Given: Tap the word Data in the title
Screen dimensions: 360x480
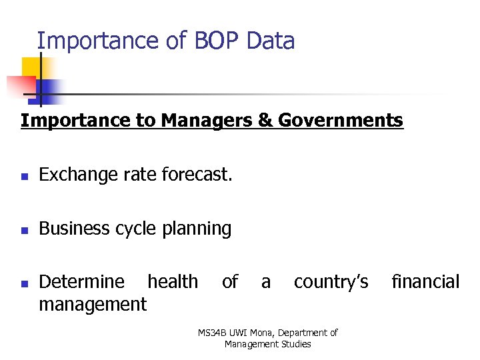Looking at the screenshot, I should [x=270, y=41].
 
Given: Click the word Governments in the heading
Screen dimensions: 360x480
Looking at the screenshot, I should [x=341, y=121].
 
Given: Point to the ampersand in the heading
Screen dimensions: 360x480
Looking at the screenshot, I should [x=267, y=121].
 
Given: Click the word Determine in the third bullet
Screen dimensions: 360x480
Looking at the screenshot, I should [x=81, y=282].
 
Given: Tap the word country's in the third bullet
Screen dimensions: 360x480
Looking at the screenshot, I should [x=331, y=282].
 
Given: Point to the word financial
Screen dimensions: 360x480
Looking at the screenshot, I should [x=425, y=282].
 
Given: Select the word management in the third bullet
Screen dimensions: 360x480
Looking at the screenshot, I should [x=93, y=305].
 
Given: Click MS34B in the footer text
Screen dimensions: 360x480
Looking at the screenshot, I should [x=213, y=333].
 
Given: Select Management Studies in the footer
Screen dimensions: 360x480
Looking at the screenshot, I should [x=267, y=344].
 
